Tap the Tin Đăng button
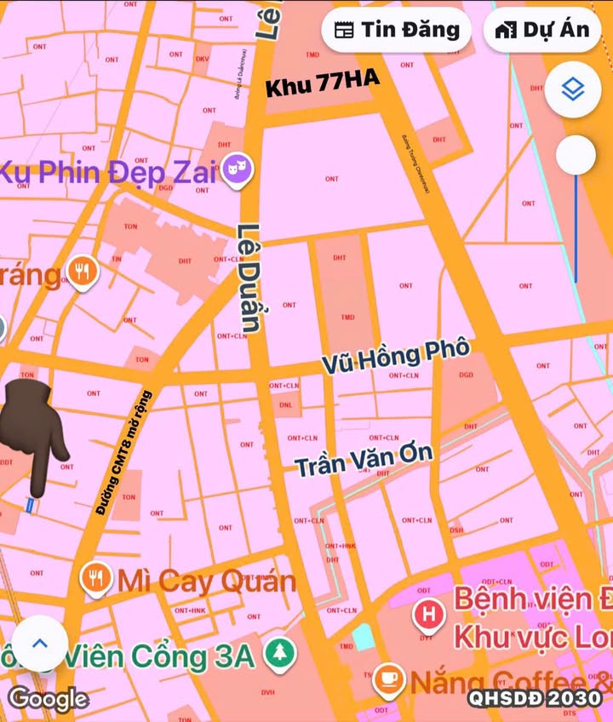[x=398, y=30]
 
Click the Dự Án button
[x=542, y=30]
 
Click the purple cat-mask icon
[x=238, y=171]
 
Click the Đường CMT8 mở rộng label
[x=123, y=452]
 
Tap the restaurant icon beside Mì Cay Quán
[x=95, y=580]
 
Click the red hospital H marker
[x=428, y=612]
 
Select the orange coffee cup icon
[x=388, y=679]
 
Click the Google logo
[x=49, y=699]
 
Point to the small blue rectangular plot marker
[x=32, y=505]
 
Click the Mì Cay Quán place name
[x=206, y=582]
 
